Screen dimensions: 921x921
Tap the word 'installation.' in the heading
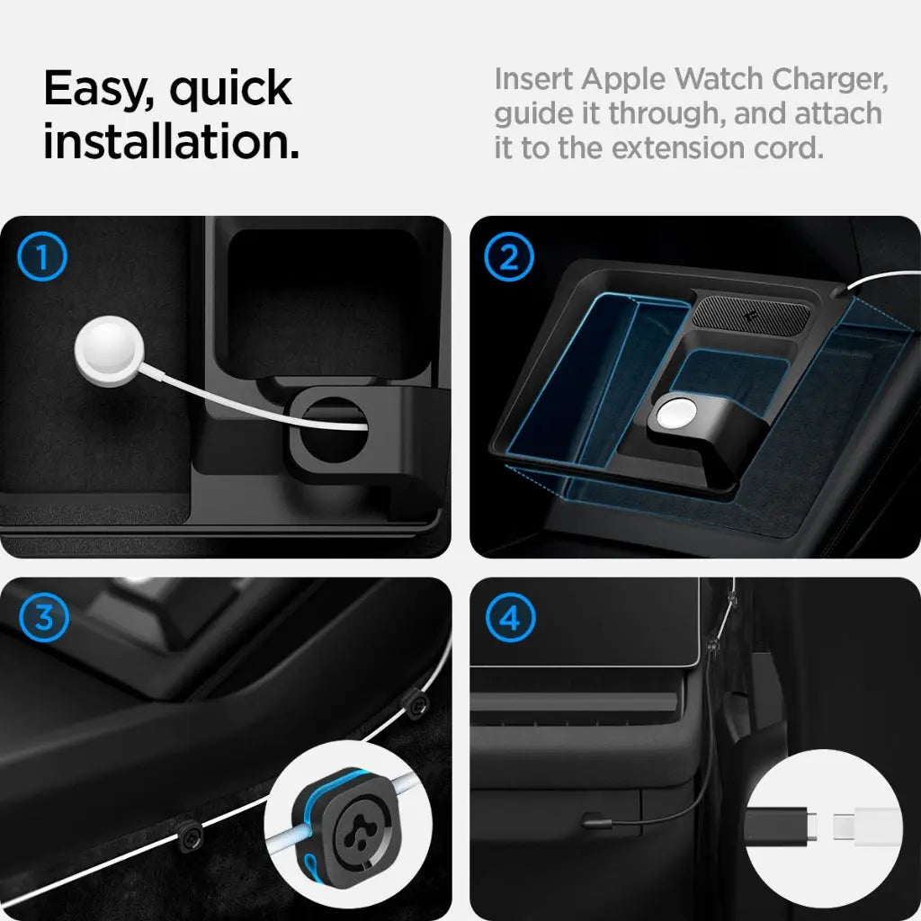[171, 142]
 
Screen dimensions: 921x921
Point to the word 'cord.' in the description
[788, 148]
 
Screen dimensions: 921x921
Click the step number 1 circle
[42, 258]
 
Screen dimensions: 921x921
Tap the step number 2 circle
[509, 258]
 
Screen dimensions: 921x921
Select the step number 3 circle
[42, 619]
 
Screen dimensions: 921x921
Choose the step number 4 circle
[509, 619]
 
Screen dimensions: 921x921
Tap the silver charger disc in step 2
[675, 416]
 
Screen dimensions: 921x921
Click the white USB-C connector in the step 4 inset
[866, 827]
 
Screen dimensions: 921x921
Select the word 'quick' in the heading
[230, 90]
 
